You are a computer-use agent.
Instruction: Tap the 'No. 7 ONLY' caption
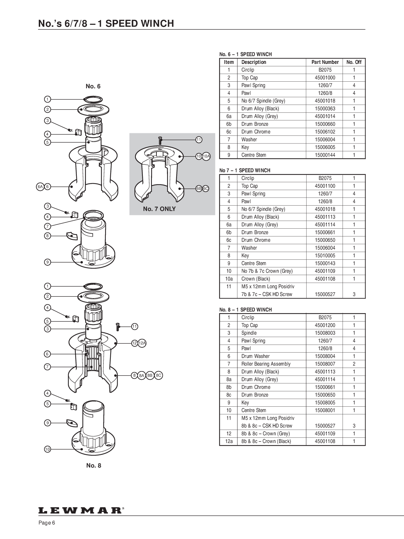[159, 209]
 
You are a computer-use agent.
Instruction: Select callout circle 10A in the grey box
[207, 156]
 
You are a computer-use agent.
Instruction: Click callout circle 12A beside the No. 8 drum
[142, 343]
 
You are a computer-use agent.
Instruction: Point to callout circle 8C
[159, 375]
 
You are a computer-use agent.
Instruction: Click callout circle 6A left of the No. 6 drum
[40, 187]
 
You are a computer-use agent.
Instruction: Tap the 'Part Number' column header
[325, 62]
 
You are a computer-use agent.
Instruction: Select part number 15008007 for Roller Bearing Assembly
[325, 364]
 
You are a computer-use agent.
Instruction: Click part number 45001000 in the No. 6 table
[325, 77]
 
